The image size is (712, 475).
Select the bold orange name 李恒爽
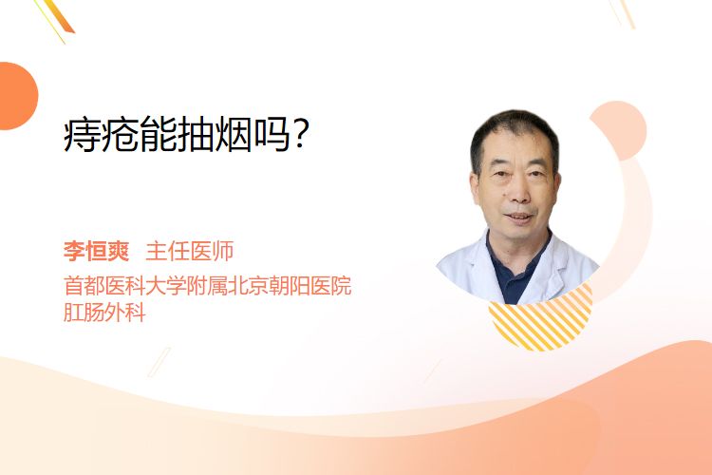coord(96,251)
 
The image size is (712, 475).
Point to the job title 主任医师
coord(190,251)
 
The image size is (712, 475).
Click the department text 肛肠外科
coord(104,313)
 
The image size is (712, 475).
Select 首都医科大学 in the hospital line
coord(125,286)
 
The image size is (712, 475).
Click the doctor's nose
coord(519,192)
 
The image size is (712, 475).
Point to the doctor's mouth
coord(519,217)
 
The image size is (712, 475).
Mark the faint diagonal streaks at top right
coord(622,13)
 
